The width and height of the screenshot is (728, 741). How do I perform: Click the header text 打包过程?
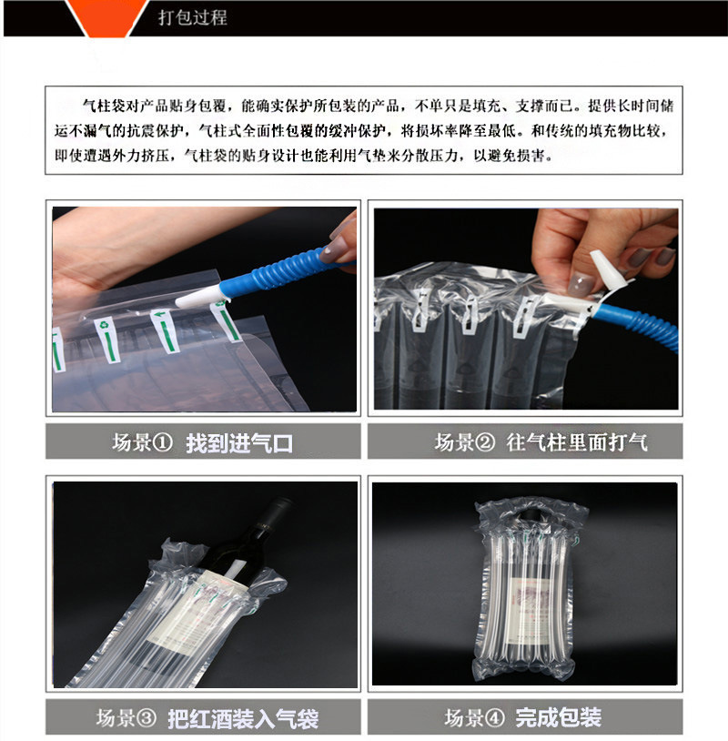[192, 17]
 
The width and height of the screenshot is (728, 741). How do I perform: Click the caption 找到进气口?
[239, 443]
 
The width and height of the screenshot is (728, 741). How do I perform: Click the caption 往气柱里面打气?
[577, 443]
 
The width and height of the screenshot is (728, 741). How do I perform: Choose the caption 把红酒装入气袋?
[243, 718]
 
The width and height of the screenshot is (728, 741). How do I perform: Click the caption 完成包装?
[558, 718]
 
